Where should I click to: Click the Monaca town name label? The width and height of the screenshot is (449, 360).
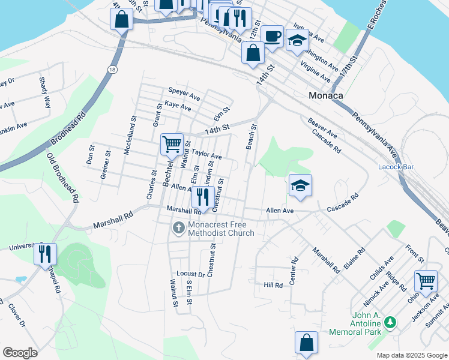click(x=325, y=95)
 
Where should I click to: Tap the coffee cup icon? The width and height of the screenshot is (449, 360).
click(x=272, y=36)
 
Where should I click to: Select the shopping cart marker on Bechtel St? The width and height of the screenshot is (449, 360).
click(x=172, y=144)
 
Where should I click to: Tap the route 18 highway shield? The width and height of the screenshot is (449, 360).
click(x=112, y=70)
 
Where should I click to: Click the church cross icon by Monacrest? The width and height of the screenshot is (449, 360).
click(x=178, y=228)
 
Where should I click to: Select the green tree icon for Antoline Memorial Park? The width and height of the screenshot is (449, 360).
click(x=391, y=323)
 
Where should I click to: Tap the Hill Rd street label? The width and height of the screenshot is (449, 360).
click(x=273, y=285)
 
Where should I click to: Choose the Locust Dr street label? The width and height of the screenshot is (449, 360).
click(x=191, y=274)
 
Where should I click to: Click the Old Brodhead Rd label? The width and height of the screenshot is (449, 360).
click(x=63, y=178)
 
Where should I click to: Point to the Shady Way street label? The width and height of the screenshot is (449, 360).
click(x=43, y=92)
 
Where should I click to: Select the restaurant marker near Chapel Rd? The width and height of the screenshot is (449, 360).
click(x=45, y=254)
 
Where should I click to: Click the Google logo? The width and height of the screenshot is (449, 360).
click(x=20, y=353)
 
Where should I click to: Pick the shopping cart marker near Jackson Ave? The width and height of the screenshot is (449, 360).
click(x=426, y=280)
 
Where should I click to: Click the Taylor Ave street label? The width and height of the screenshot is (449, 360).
click(x=206, y=155)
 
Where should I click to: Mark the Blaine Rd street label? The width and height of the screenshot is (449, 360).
click(x=354, y=259)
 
